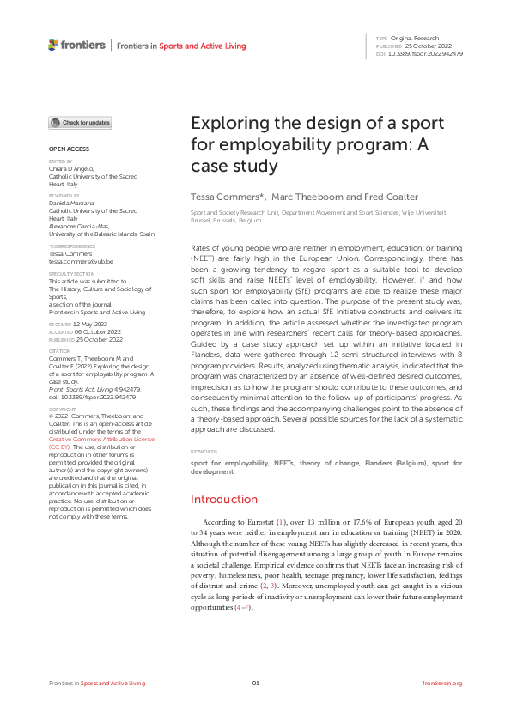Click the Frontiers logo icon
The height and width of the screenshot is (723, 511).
[53, 45]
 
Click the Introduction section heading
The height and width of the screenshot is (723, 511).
[223, 499]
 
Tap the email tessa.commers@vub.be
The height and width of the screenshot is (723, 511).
[74, 261]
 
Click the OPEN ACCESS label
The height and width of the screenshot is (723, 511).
[66, 149]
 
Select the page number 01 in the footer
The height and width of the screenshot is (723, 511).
[255, 683]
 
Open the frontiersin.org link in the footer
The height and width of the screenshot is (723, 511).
[443, 683]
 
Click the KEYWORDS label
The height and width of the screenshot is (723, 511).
[203, 450]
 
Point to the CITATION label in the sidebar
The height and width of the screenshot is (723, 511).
[60, 350]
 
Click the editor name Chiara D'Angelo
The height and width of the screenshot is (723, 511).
[72, 169]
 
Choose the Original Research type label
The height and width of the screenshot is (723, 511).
[416, 38]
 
